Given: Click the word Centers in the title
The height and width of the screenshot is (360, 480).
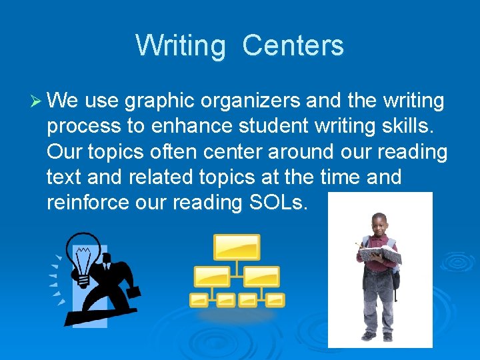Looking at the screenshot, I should pos(293,46).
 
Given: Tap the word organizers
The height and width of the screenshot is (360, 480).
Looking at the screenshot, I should pos(246,102).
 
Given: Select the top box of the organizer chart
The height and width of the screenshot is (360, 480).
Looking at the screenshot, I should pos(237,247).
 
